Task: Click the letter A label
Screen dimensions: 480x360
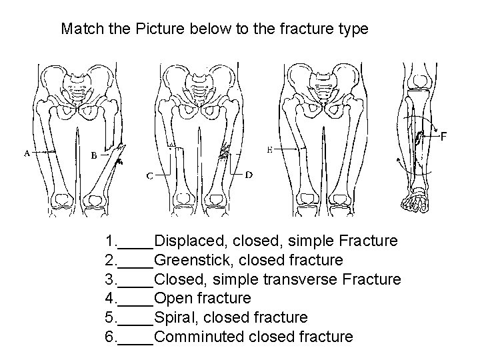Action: pos(26,153)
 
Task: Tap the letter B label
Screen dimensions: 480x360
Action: pos(94,156)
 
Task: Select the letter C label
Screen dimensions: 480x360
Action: pos(150,177)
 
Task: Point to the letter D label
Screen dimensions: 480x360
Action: pos(248,175)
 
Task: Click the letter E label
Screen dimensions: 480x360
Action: pos(269,150)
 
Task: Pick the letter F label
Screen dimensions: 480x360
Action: pos(443,137)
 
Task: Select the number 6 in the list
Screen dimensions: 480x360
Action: pos(109,337)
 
